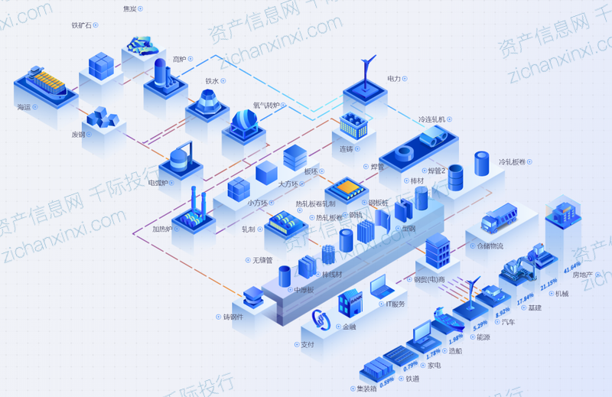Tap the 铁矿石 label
pyautogui.click(x=81, y=25)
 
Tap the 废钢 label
pyautogui.click(x=78, y=134)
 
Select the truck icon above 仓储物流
pyautogui.click(x=500, y=217)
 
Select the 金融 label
pyautogui.click(x=349, y=327)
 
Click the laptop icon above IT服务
pyautogui.click(x=380, y=287)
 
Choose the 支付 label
pyautogui.click(x=308, y=344)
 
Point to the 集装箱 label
pyautogui.click(x=367, y=389)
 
